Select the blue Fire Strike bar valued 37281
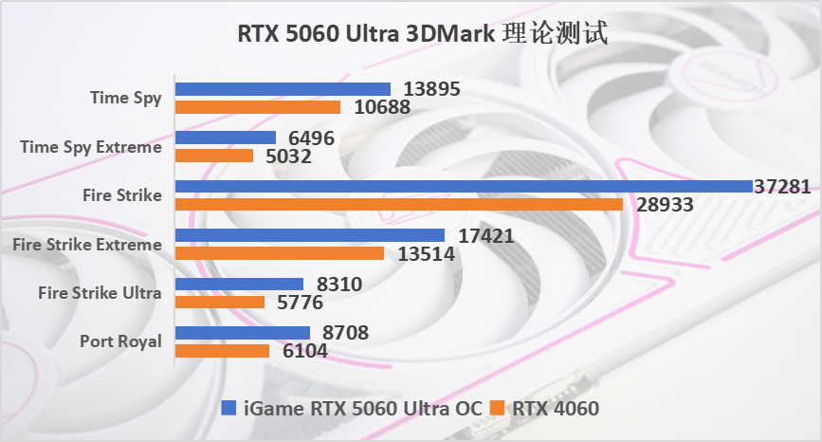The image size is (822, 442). coord(464,187)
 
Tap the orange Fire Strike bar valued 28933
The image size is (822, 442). coord(399,204)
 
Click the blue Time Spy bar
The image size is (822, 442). coord(283,89)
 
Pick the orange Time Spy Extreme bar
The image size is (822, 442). coord(214,156)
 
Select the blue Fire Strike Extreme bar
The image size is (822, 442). coord(310,235)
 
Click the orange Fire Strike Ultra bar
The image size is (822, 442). coord(220,303)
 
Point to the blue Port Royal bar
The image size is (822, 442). coord(243,333)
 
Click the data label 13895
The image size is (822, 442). coord(431,89)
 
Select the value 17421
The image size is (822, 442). coord(484,235)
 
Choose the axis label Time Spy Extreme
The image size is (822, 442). coord(91,147)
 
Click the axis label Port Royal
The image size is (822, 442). coord(120,341)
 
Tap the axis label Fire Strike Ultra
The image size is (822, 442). coord(100,293)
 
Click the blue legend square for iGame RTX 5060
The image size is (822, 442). coord(228,408)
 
